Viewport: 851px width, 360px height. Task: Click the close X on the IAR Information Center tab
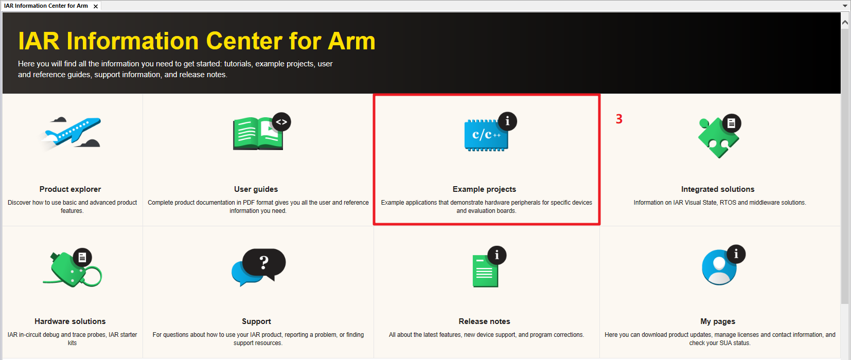[x=96, y=7]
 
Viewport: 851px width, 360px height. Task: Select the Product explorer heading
[x=70, y=189]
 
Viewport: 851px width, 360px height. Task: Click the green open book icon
[x=258, y=133]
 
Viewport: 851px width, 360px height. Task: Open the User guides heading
[x=256, y=189]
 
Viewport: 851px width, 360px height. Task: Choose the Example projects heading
[x=484, y=189]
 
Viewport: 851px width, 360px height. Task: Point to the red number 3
[x=619, y=119]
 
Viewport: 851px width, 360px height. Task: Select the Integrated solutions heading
[x=718, y=189]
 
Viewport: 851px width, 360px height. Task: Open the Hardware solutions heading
[x=70, y=321]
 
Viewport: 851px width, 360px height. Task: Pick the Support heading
[x=256, y=321]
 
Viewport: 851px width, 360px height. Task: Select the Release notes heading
[x=484, y=321]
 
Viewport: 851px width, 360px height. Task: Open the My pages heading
[x=718, y=321]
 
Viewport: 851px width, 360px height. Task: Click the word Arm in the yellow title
[x=351, y=41]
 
